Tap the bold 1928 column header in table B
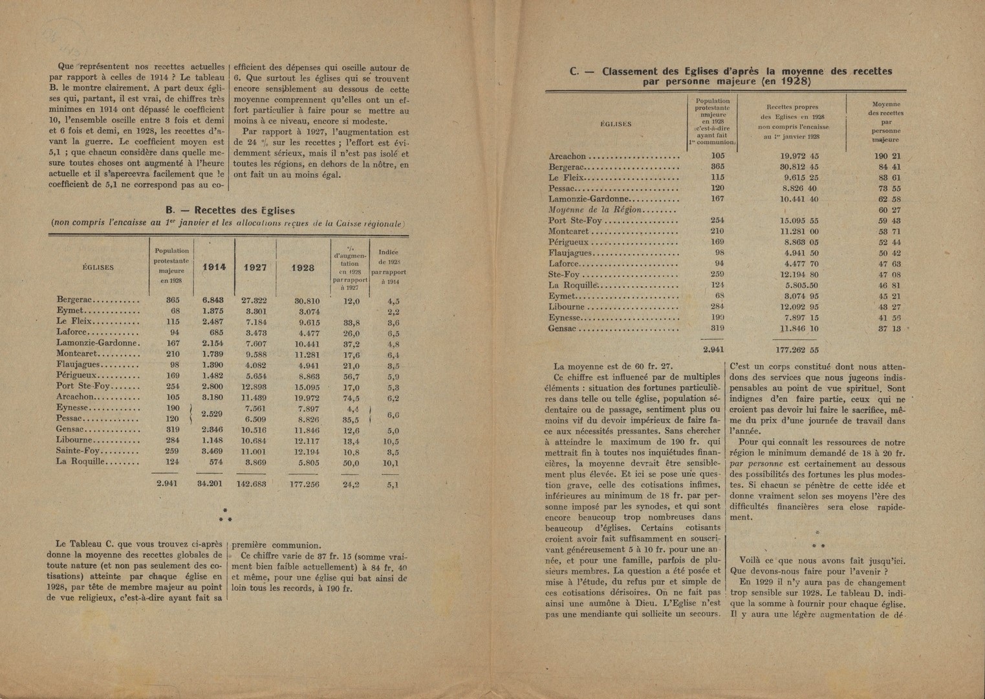point(303,267)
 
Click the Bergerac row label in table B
point(76,300)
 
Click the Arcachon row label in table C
point(567,157)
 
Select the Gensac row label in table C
point(563,328)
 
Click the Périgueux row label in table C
point(570,241)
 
